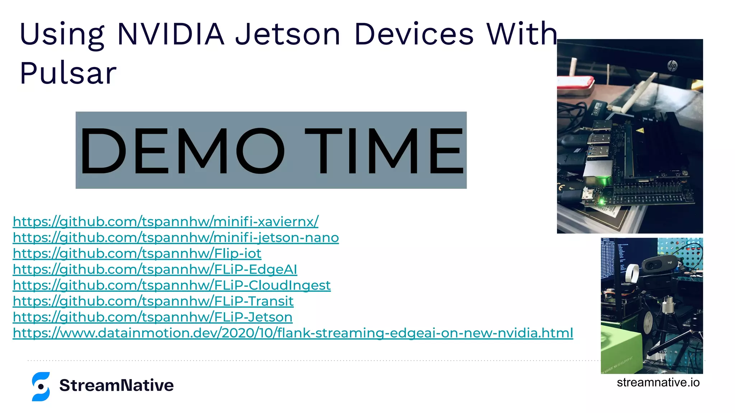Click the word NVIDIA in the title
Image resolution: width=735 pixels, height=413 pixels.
(171, 34)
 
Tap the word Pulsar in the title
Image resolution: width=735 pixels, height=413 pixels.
(68, 73)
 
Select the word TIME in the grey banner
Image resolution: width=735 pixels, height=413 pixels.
(384, 151)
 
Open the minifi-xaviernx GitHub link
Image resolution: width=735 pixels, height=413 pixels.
(165, 222)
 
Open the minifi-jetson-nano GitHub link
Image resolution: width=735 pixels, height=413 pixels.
(176, 238)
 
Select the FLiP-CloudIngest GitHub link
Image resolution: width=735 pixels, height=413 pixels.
(172, 285)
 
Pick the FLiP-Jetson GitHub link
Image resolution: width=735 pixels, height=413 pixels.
(153, 317)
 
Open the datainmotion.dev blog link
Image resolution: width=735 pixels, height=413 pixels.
(293, 333)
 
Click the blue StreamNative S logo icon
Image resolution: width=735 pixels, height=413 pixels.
(41, 386)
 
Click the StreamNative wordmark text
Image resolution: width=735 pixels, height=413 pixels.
(116, 385)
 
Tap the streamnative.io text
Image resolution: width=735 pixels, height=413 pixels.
(658, 383)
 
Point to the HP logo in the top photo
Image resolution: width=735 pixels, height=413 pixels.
(672, 66)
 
